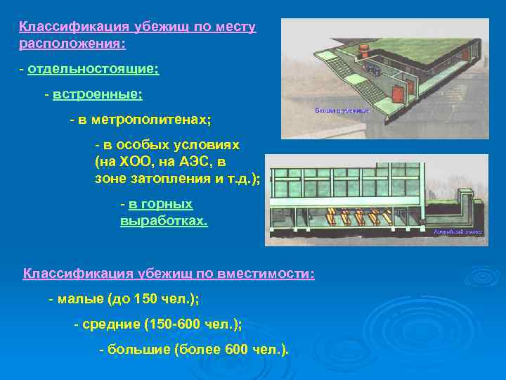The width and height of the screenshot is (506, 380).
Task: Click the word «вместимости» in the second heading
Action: tap(265, 273)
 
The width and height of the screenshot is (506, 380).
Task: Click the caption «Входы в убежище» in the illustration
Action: tap(340, 110)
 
